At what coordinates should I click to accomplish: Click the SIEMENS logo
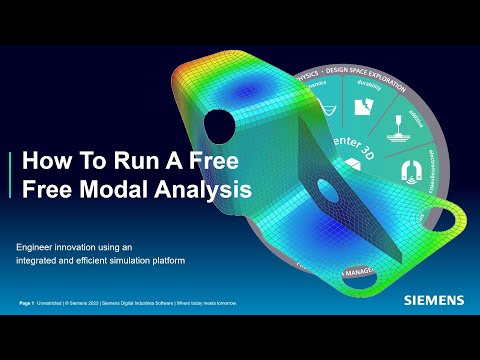[x=434, y=298]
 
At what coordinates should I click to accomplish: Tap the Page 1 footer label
[x=27, y=302]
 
